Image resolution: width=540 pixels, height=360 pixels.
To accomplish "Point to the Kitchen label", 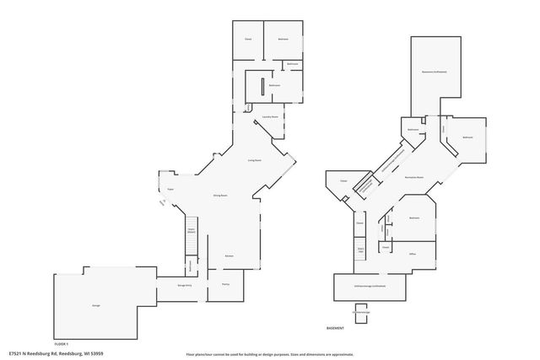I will tap(229, 255).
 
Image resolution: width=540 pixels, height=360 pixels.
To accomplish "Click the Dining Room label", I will tap(219, 195).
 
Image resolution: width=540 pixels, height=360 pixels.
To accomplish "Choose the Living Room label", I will tap(254, 159).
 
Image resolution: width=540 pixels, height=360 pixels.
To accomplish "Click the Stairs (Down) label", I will tap(191, 231).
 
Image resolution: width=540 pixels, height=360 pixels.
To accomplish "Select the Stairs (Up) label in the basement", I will tap(360, 250).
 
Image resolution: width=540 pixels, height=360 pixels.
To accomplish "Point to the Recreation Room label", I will tap(413, 179).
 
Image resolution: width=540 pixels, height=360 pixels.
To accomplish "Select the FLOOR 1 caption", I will tap(61, 344).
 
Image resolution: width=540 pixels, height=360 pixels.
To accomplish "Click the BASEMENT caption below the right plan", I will tap(337, 327).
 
